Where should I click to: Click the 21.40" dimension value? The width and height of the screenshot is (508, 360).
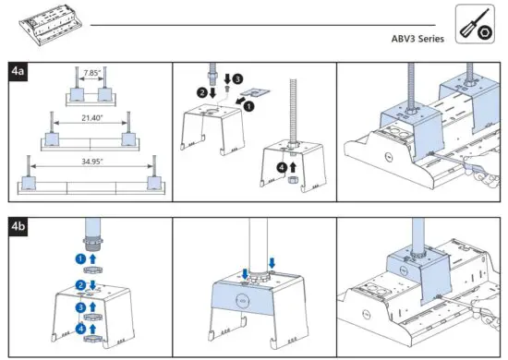coord(90,119)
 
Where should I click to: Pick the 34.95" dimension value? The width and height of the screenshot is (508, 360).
coord(90,161)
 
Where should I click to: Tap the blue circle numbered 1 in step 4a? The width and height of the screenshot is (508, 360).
coord(248,106)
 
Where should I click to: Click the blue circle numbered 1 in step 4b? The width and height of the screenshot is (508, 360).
coord(80,259)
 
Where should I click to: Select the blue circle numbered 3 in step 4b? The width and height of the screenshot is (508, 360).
coord(80,306)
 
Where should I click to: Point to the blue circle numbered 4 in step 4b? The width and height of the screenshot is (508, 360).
coord(80,327)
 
